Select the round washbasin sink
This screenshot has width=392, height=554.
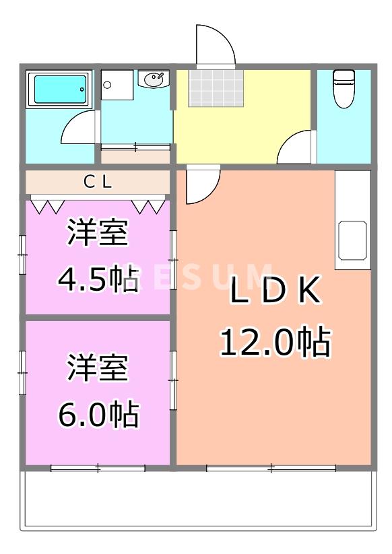click(154, 79)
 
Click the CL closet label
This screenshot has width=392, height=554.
click(98, 181)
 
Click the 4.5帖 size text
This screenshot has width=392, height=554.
click(98, 278)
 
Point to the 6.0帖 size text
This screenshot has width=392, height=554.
click(98, 414)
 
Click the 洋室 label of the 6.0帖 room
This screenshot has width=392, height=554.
click(98, 369)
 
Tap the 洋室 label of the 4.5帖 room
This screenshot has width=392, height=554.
click(98, 234)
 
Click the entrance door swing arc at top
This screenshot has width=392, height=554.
click(215, 44)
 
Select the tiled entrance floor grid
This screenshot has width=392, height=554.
click(212, 88)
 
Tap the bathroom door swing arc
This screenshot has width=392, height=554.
click(79, 128)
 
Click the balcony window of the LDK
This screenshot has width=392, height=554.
click(271, 467)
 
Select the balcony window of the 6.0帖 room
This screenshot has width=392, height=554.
click(98, 467)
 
